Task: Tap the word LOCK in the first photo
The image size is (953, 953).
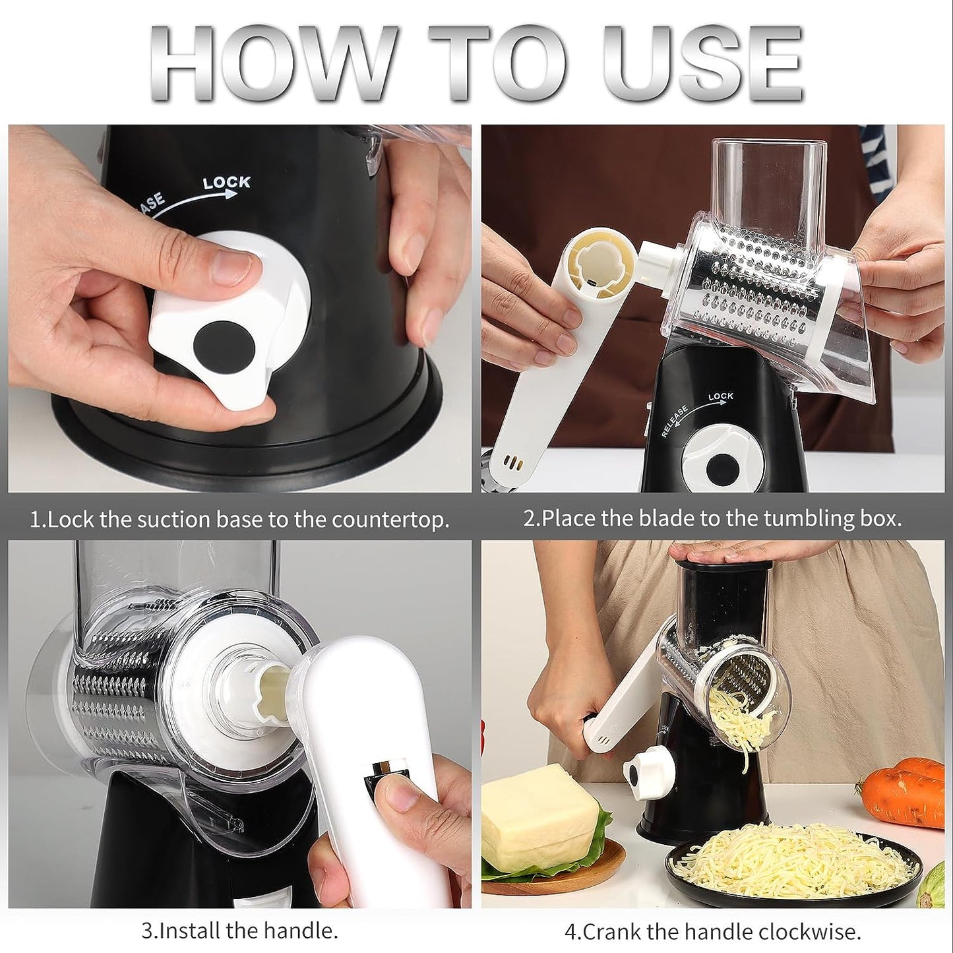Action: (x=226, y=183)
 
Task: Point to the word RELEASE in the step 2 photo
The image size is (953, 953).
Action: (x=675, y=421)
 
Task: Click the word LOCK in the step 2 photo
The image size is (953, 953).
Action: (x=720, y=396)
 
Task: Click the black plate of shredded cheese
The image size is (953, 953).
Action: (x=791, y=864)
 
